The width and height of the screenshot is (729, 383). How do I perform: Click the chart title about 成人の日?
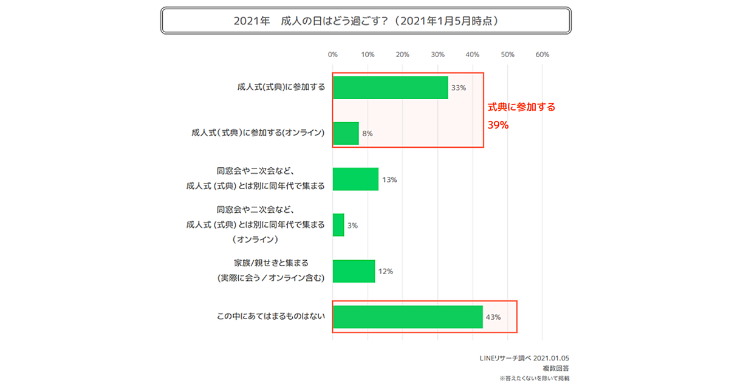(366, 20)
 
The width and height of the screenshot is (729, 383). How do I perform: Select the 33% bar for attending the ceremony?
(390, 88)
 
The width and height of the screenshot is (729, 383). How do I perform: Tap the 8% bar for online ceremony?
(346, 133)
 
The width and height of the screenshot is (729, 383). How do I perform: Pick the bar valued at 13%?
(355, 179)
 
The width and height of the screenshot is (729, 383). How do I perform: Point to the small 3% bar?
(338, 225)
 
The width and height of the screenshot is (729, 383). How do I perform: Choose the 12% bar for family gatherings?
(354, 271)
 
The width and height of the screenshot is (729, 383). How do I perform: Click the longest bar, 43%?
(408, 317)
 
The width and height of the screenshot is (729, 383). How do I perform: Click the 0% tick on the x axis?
(332, 55)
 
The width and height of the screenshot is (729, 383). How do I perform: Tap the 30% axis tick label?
(437, 55)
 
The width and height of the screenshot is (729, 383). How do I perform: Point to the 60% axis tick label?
(542, 55)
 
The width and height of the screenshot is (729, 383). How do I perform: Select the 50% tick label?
(507, 55)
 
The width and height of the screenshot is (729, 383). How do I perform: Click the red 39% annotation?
(498, 125)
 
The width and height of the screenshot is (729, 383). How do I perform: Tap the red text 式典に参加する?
(522, 107)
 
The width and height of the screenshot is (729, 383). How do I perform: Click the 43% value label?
(493, 317)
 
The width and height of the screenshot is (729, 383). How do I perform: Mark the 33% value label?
(459, 88)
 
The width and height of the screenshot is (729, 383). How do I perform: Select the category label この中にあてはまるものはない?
(271, 317)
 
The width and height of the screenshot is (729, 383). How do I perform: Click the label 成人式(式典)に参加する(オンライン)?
(258, 133)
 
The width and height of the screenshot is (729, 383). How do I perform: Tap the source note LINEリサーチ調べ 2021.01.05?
(532, 358)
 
